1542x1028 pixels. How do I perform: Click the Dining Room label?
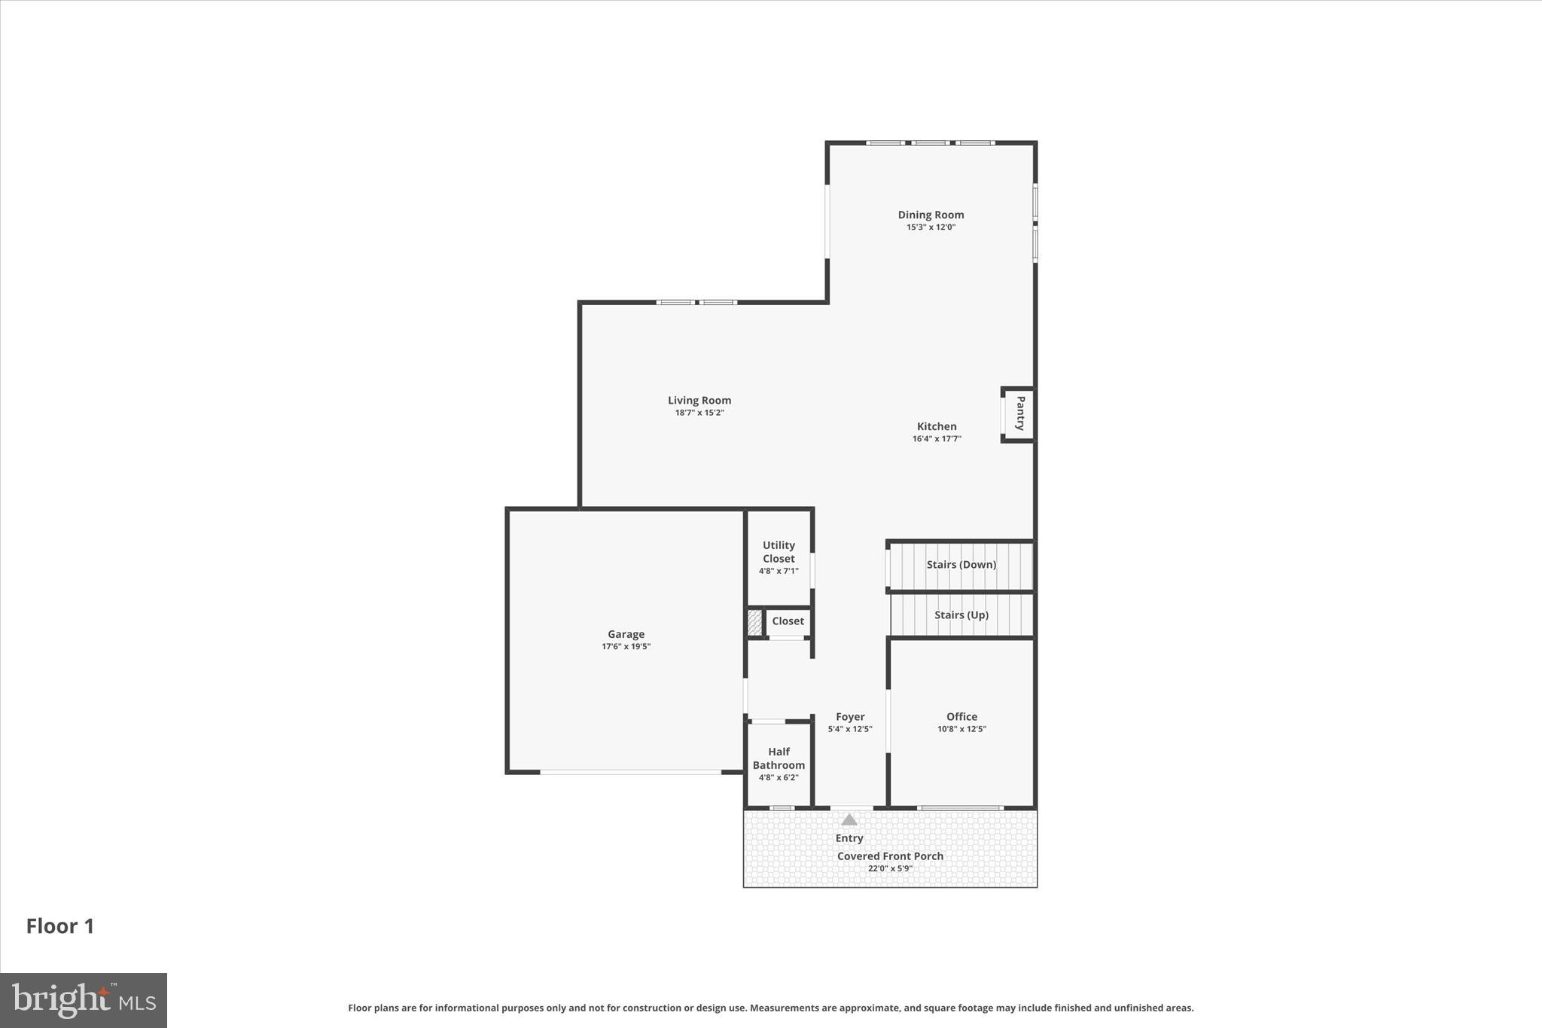(931, 215)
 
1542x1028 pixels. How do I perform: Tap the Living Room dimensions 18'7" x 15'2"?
(699, 413)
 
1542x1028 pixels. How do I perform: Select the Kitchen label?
(936, 426)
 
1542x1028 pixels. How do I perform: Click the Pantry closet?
(1019, 413)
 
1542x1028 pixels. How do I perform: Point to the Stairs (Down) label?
(961, 564)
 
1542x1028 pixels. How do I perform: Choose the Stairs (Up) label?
(961, 615)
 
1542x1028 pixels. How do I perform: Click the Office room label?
(961, 716)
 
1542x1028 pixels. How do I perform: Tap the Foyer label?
(849, 716)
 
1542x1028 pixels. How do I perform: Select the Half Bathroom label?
(779, 758)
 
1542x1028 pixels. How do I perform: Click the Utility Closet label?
(779, 551)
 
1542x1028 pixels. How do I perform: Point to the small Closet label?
(788, 621)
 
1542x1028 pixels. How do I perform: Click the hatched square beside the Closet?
(754, 622)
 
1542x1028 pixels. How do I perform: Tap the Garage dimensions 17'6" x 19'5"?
(626, 647)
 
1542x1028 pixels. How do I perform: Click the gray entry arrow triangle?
(849, 819)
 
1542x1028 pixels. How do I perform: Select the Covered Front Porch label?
(890, 856)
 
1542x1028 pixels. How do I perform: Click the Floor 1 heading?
(60, 926)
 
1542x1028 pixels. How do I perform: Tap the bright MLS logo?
(84, 1000)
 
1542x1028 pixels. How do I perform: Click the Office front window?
(960, 808)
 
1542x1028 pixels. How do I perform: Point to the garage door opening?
(630, 772)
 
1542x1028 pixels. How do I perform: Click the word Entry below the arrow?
(849, 837)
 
